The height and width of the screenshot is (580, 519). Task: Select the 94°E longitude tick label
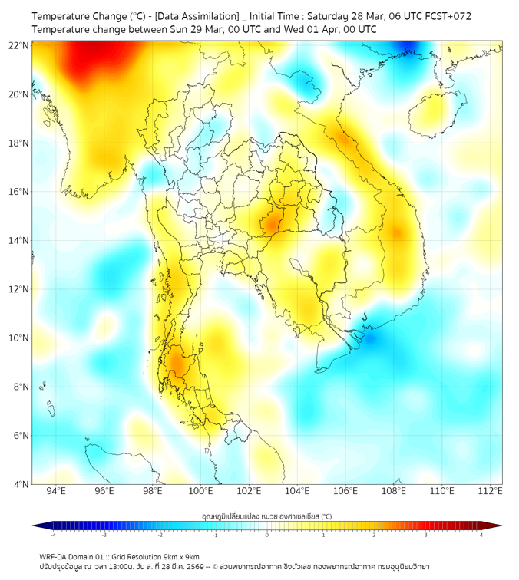click(56, 492)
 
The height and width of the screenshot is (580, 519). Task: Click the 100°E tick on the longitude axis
click(201, 492)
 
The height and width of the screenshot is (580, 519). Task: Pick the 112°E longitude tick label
click(491, 492)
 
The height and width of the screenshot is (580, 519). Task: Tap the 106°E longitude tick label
click(345, 492)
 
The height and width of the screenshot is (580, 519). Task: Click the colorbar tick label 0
click(267, 536)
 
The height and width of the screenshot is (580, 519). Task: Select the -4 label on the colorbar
click(52, 536)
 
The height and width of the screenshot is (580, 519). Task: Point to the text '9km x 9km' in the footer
click(178, 557)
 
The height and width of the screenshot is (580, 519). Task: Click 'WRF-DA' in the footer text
click(55, 557)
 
